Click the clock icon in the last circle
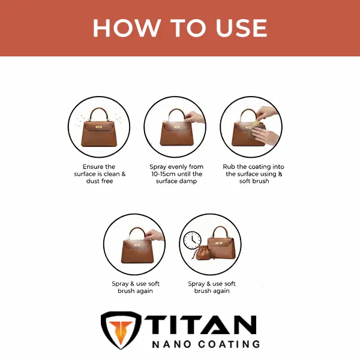tap(193, 240)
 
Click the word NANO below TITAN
tap(172, 344)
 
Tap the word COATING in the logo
tap(229, 344)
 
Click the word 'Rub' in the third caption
tap(229, 166)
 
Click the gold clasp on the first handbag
tap(99, 127)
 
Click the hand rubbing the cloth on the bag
tap(263, 136)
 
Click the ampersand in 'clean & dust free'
tap(124, 174)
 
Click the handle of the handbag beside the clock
tap(220, 232)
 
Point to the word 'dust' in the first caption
tap(92, 181)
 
